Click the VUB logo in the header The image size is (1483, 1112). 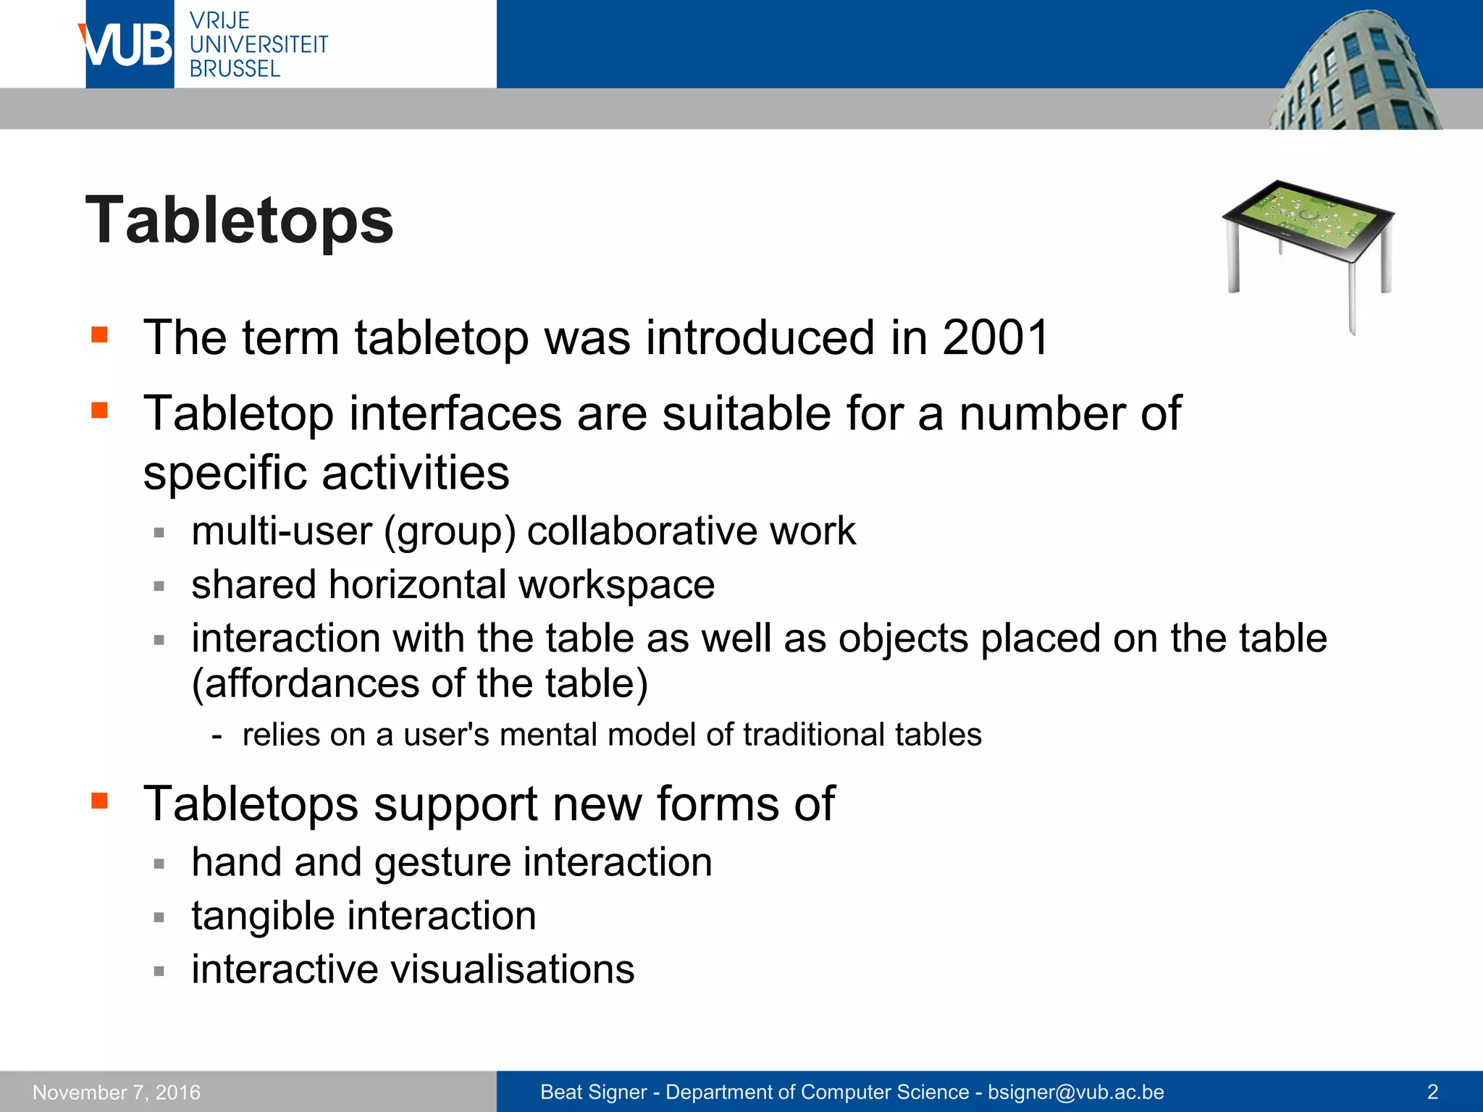click(127, 45)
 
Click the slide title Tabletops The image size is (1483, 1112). click(240, 220)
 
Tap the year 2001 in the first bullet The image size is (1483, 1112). click(996, 337)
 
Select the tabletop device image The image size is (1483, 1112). click(1308, 246)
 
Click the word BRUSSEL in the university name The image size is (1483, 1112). click(235, 69)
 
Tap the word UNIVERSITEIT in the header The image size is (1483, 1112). click(259, 45)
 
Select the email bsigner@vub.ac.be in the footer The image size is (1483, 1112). click(1076, 1092)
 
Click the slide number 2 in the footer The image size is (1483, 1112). click(1432, 1092)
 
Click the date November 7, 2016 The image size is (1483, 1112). click(117, 1092)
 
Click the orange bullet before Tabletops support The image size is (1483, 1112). click(100, 801)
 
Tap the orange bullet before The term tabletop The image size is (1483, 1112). click(100, 334)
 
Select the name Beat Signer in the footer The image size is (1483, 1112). click(593, 1092)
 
